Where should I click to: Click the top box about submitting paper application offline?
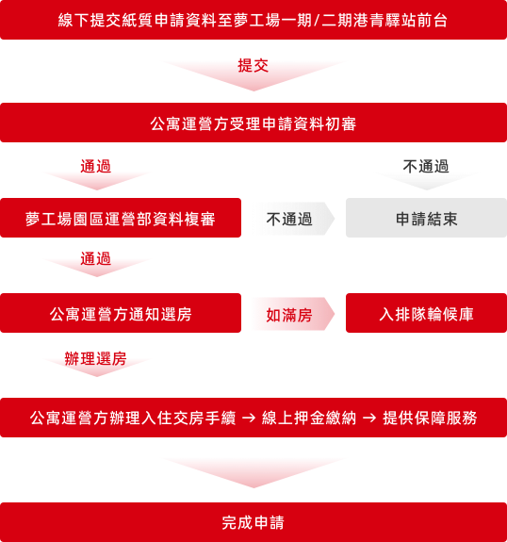click(x=253, y=20)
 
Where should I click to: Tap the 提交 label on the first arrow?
click(x=253, y=65)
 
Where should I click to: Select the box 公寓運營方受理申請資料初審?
click(x=253, y=123)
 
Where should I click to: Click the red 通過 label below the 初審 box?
click(x=96, y=166)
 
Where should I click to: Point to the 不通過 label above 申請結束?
click(x=426, y=166)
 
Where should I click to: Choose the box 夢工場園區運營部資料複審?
click(x=121, y=218)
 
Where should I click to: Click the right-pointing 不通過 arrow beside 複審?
click(x=292, y=219)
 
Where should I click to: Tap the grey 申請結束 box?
click(x=426, y=218)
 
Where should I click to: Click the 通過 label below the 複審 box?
click(x=96, y=258)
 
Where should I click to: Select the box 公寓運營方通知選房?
click(x=121, y=313)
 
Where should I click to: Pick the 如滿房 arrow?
click(x=292, y=314)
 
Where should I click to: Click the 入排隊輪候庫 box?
click(x=426, y=313)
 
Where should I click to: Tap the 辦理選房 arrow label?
click(x=96, y=358)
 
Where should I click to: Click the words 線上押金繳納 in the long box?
click(x=309, y=418)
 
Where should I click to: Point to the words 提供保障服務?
click(x=430, y=418)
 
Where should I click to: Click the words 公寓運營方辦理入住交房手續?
click(x=133, y=418)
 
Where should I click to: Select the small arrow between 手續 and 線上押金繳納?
click(x=249, y=419)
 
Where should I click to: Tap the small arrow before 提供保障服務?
click(x=369, y=419)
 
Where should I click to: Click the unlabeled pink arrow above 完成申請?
click(x=253, y=473)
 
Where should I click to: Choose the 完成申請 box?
click(x=253, y=522)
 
